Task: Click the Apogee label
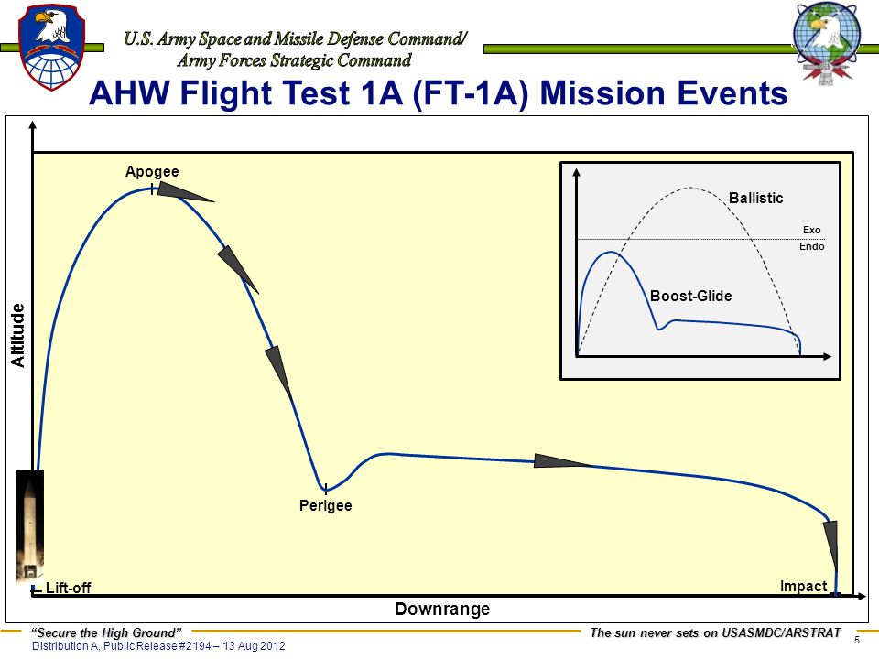point(152,171)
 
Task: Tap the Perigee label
point(326,505)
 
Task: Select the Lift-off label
point(68,588)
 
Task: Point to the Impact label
point(803,586)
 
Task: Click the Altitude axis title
point(18,336)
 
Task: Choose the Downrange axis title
point(442,609)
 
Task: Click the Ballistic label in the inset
point(755,198)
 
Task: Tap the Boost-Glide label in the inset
point(690,296)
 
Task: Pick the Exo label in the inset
point(811,230)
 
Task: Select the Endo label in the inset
point(812,246)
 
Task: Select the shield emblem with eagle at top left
point(51,47)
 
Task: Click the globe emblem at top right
point(826,43)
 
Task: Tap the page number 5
point(857,640)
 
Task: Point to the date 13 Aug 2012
point(254,646)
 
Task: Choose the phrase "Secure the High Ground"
point(106,633)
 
